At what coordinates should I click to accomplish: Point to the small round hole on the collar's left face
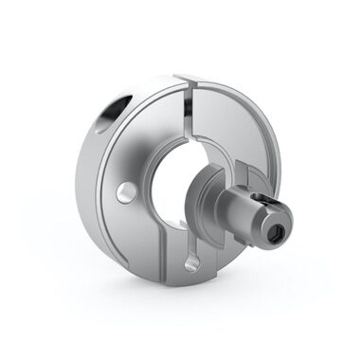point(122,193)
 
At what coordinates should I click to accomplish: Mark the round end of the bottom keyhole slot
point(193,264)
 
